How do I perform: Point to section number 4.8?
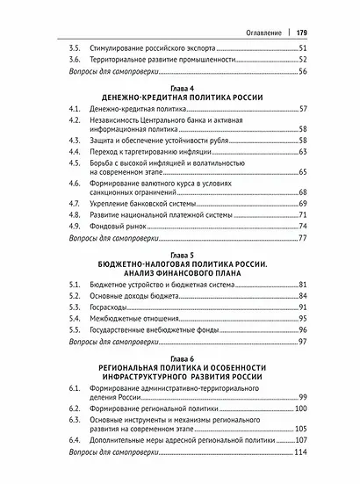tap(76, 213)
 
